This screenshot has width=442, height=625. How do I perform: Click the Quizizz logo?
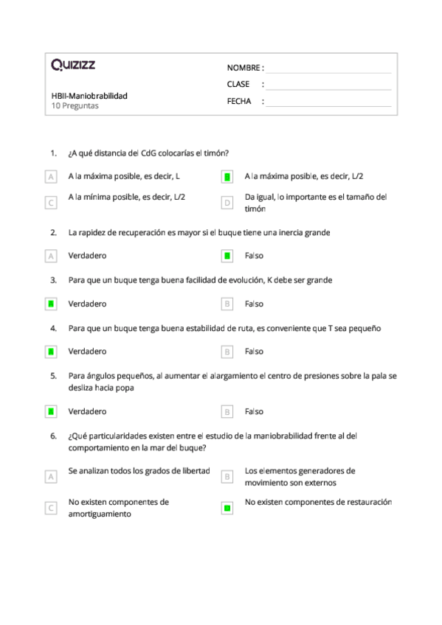[x=72, y=66]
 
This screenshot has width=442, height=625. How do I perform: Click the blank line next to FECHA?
[x=328, y=102]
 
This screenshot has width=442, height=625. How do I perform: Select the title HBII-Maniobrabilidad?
[x=89, y=96]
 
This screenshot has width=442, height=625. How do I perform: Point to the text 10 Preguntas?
[x=75, y=105]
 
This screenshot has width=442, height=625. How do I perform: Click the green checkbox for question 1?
[x=227, y=177]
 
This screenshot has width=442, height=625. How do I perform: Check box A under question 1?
[x=51, y=177]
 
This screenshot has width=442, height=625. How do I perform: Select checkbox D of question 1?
[x=227, y=202]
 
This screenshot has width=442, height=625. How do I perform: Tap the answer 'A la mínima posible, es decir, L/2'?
[x=126, y=197]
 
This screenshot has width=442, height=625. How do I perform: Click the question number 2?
[x=53, y=232]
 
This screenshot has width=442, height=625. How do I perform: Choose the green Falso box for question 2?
[x=227, y=256]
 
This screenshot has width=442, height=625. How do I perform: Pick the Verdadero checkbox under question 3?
[x=51, y=304]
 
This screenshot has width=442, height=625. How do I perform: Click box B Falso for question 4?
[x=227, y=352]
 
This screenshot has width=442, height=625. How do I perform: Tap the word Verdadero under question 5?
[x=87, y=411]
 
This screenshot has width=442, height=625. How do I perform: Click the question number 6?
[x=53, y=436]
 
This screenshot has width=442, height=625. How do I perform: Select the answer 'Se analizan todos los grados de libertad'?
[x=139, y=470]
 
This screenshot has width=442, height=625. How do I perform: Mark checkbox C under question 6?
[x=51, y=508]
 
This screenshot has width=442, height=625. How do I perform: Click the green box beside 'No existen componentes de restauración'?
[x=227, y=507]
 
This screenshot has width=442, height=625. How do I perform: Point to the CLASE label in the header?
[x=238, y=85]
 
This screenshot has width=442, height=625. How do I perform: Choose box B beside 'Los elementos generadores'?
[x=227, y=476]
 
